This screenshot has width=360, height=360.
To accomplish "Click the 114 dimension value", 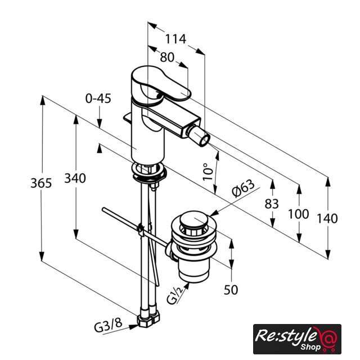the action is pyautogui.click(x=175, y=39).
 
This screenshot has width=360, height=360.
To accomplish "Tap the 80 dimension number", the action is pyautogui.click(x=167, y=57).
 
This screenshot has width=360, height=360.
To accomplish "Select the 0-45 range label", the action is pyautogui.click(x=98, y=98).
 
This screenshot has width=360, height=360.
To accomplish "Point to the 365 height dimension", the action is pyautogui.click(x=41, y=183).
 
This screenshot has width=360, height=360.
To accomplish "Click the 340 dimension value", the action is pyautogui.click(x=75, y=178).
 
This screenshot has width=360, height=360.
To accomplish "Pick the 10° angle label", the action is pyautogui.click(x=208, y=172).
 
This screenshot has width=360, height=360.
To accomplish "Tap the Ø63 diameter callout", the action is pyautogui.click(x=243, y=188).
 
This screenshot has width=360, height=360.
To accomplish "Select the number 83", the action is pyautogui.click(x=272, y=204).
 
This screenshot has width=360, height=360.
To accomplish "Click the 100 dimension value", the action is pyautogui.click(x=299, y=214).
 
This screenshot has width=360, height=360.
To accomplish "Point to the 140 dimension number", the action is pyautogui.click(x=327, y=218).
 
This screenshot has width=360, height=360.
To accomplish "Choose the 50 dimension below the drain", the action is pyautogui.click(x=231, y=290).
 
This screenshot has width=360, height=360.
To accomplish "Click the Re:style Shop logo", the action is pyautogui.click(x=297, y=339).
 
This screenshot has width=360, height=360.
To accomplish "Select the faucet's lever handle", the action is pyautogui.click(x=161, y=84).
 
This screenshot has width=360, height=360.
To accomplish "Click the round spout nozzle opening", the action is pyautogui.click(x=204, y=140).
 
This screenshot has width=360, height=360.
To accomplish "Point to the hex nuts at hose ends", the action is pyautogui.click(x=148, y=319).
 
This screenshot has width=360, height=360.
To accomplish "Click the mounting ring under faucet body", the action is pyautogui.click(x=148, y=172).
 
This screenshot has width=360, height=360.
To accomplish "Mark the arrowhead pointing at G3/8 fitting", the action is pyautogui.click(x=134, y=327).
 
